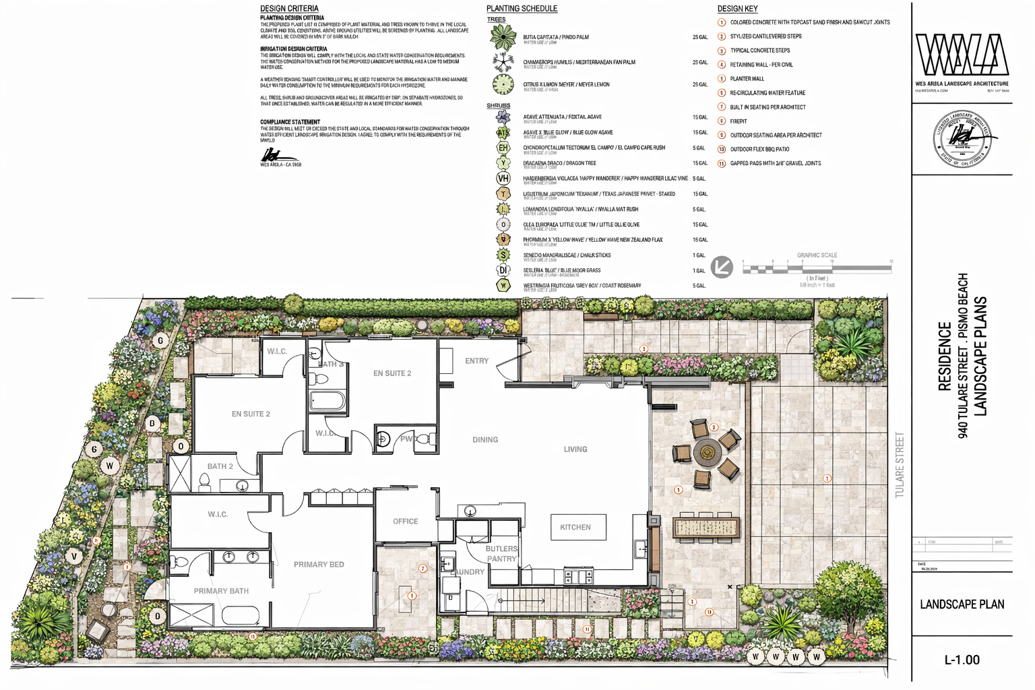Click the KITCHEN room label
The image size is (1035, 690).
[575, 527]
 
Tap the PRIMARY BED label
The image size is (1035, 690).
[319, 565]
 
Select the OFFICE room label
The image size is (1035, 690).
[405, 522]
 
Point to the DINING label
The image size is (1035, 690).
[485, 440]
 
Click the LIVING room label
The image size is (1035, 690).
[575, 449]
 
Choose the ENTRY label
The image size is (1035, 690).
[476, 361]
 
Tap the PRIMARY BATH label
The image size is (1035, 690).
[221, 591]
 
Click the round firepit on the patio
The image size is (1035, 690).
[707, 453]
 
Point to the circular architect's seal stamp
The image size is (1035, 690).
[962, 138]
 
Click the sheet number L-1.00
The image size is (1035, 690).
[962, 660]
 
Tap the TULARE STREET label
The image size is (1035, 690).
[900, 465]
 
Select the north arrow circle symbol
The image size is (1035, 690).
[722, 267]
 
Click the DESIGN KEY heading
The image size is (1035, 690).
[737, 9]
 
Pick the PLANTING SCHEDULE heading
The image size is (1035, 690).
[522, 9]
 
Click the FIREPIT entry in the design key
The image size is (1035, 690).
[738, 121]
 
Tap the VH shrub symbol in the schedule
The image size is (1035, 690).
[503, 179]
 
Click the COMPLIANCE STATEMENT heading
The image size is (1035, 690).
[290, 122]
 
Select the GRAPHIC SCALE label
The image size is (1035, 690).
[817, 255]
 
